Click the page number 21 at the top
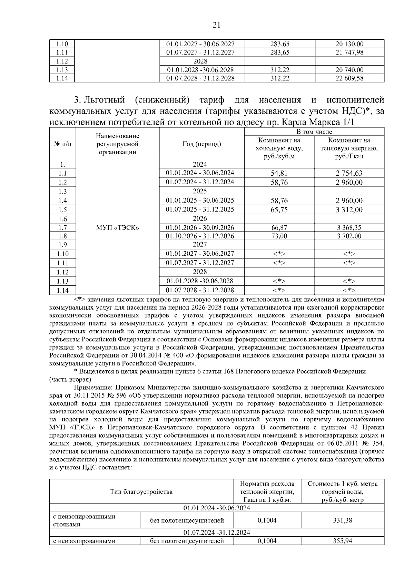click(216, 25)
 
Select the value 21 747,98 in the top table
click(349, 52)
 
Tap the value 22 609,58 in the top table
click(349, 78)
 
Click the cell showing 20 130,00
click(349, 44)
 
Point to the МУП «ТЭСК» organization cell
click(117, 228)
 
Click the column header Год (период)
click(201, 144)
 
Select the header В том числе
click(314, 132)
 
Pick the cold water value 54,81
click(279, 173)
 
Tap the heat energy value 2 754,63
click(349, 173)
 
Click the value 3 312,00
click(349, 210)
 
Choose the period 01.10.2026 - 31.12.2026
click(200, 236)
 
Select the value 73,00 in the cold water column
click(279, 236)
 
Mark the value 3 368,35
click(349, 228)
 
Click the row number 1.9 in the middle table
click(62, 245)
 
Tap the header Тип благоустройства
click(141, 492)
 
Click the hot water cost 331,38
click(342, 520)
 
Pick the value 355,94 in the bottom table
click(342, 541)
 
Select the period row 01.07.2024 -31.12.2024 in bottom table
click(217, 533)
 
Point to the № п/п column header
click(62, 144)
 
